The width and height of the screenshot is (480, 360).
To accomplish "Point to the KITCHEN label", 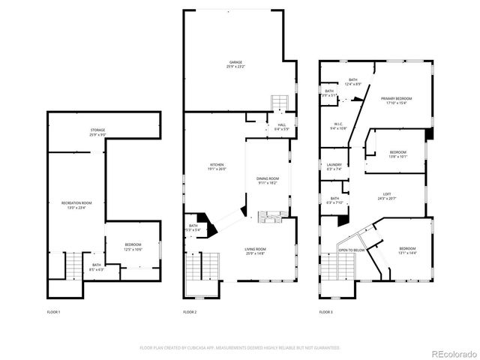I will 216,166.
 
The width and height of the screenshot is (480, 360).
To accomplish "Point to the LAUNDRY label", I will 334,166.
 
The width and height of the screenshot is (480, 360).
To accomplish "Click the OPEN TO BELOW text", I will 351,250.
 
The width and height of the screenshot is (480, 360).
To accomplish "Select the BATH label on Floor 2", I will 193,227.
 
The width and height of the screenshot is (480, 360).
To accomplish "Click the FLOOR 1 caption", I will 53,311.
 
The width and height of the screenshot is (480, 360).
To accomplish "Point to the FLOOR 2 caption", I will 190,311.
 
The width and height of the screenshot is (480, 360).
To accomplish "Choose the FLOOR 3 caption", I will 325,311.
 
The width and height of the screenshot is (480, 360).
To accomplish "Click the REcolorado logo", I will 451,352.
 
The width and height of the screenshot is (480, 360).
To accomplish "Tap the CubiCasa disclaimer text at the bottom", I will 240,347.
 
